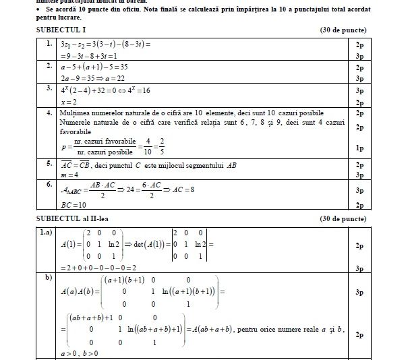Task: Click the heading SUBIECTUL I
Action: (59, 31)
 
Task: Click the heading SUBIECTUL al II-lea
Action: (70, 219)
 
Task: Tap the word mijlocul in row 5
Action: (214, 164)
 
